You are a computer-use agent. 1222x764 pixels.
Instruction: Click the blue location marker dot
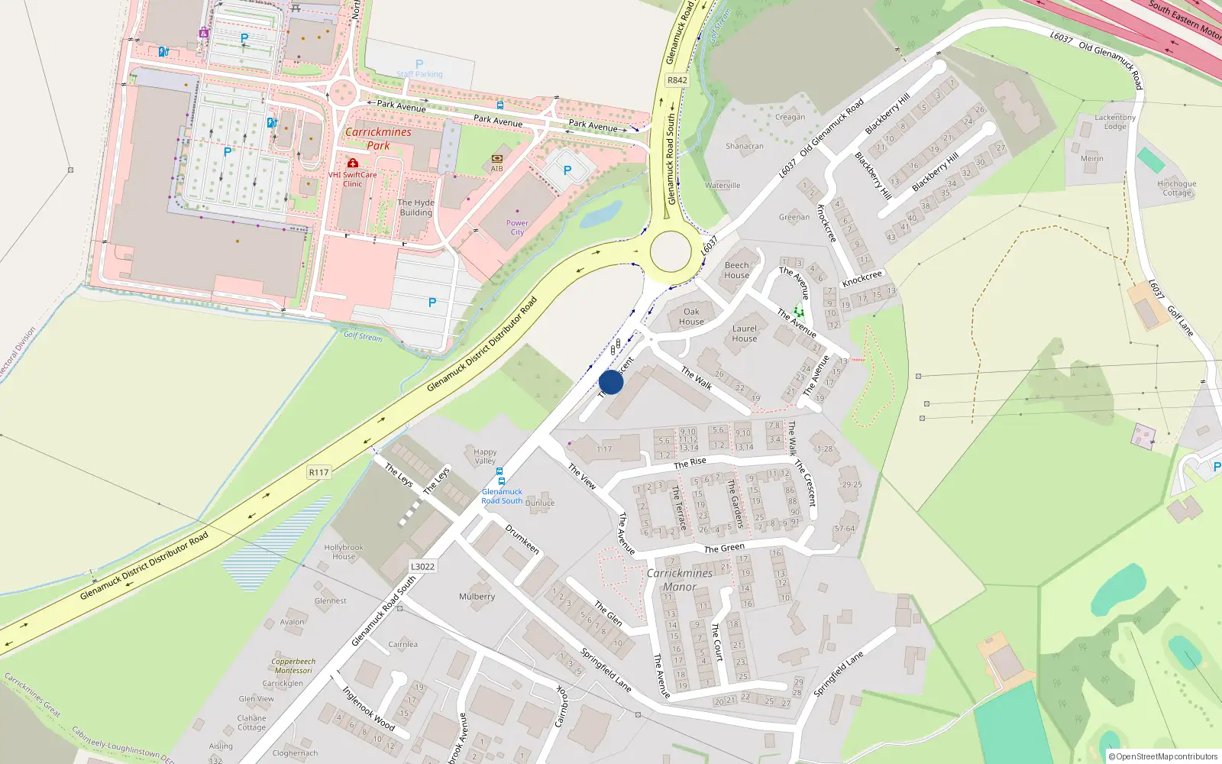tap(611, 382)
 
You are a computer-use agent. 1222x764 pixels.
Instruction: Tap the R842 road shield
tap(677, 80)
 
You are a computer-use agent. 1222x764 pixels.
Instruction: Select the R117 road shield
tap(318, 472)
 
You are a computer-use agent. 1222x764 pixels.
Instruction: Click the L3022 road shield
tap(422, 566)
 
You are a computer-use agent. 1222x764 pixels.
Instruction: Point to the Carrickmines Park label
tap(378, 138)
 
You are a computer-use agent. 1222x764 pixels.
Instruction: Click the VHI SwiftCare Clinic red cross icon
tap(352, 163)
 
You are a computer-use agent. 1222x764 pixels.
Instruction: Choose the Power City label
tap(517, 228)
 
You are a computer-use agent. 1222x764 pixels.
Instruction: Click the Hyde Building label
tap(415, 208)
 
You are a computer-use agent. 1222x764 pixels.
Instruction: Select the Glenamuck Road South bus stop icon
tap(501, 481)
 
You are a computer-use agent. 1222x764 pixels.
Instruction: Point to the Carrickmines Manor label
tap(680, 580)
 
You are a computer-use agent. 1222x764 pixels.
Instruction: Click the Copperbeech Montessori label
tap(293, 666)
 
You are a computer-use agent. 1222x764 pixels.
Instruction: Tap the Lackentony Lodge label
tap(1115, 122)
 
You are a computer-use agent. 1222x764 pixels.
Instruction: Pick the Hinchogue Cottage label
tap(1177, 188)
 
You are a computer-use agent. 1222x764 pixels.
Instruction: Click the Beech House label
tap(737, 270)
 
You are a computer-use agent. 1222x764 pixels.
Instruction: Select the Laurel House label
tap(745, 334)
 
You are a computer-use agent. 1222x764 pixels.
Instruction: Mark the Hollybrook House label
tap(344, 552)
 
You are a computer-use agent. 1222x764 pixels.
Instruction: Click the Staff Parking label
tap(419, 74)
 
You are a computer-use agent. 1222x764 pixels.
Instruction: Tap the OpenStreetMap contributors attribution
tap(1163, 756)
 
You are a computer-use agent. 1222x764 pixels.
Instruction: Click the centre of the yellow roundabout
tap(671, 251)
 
